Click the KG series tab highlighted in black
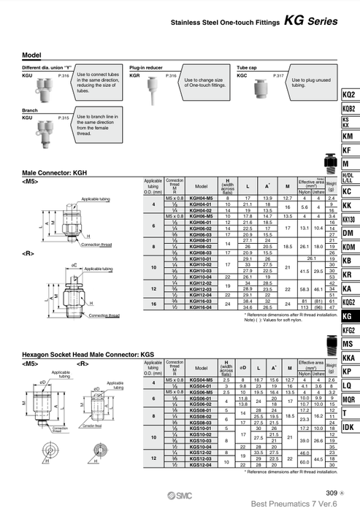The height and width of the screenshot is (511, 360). tap(347, 316)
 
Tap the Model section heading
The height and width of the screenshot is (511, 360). tap(31, 55)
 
